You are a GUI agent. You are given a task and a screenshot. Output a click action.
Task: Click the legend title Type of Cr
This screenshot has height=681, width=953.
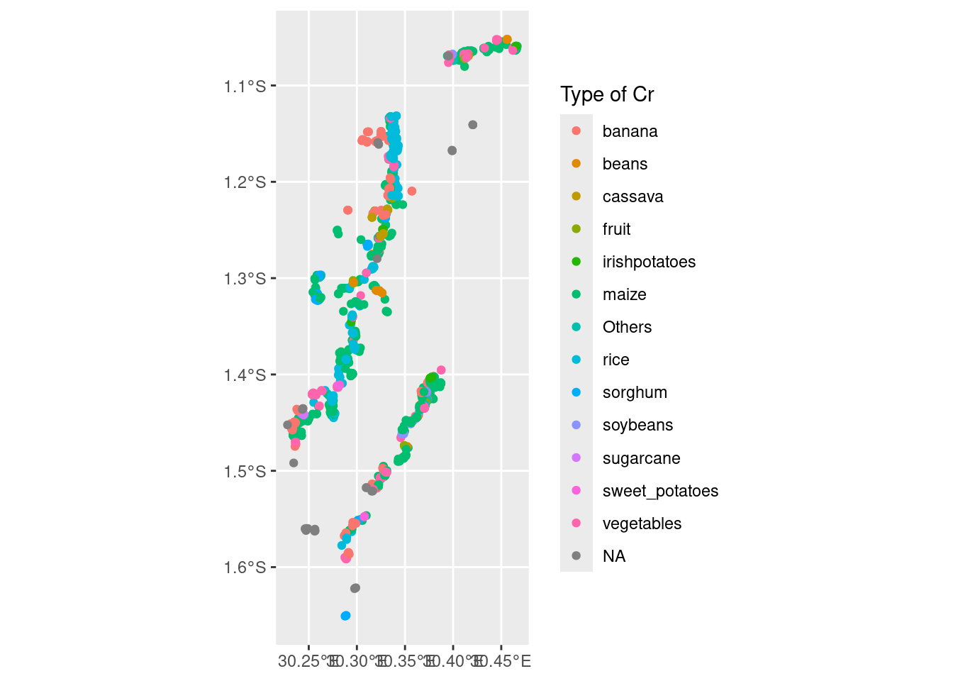607,94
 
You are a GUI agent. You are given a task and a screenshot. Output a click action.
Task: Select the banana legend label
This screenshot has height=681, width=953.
630,131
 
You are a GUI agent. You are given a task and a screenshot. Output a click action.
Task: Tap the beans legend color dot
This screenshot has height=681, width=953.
576,164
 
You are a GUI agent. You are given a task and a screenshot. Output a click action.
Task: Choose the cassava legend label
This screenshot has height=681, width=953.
632,196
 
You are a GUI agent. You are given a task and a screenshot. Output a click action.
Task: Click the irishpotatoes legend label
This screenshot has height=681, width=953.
649,262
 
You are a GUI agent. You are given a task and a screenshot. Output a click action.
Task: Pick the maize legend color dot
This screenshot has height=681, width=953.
576,294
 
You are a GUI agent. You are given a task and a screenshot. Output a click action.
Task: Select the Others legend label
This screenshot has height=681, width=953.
627,327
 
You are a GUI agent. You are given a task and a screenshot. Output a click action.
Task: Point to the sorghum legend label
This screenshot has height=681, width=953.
635,392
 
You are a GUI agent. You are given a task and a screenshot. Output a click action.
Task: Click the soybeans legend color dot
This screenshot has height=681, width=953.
576,425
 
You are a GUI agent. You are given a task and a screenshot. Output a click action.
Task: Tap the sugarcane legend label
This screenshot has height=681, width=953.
641,458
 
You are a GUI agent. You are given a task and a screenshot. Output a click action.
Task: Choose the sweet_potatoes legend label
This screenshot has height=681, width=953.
660,491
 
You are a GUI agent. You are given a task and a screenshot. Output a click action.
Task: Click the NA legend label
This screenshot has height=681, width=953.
614,556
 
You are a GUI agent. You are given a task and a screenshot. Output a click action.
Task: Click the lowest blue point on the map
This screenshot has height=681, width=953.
345,616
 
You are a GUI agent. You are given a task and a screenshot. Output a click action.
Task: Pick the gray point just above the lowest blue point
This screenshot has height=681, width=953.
355,588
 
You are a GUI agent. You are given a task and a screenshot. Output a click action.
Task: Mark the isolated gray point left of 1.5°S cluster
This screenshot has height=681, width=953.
294,463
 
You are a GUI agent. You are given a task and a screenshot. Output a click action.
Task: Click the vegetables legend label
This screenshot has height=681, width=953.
642,524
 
